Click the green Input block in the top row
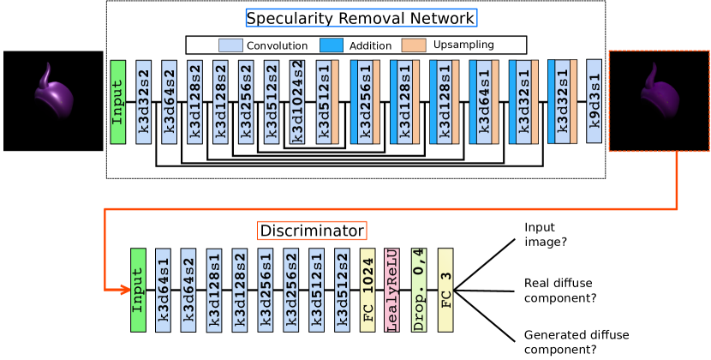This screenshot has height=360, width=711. pyautogui.click(x=117, y=102)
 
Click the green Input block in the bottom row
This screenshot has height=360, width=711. pyautogui.click(x=138, y=290)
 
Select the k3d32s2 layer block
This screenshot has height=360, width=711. pyautogui.click(x=143, y=102)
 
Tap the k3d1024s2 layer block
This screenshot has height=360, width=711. pyautogui.click(x=296, y=102)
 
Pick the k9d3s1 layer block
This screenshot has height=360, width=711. pyautogui.click(x=594, y=101)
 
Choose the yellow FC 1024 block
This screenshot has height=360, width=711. pyautogui.click(x=367, y=290)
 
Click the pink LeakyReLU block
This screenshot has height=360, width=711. pyautogui.click(x=392, y=290)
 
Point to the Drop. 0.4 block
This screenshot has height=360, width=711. pyautogui.click(x=418, y=290)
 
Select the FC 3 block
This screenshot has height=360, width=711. pyautogui.click(x=445, y=290)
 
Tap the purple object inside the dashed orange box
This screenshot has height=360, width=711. pyautogui.click(x=660, y=93)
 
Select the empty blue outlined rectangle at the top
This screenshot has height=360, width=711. pyautogui.click(x=361, y=18)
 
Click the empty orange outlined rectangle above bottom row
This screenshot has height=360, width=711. pyautogui.click(x=312, y=231)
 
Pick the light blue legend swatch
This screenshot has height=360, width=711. pyautogui.click(x=230, y=45)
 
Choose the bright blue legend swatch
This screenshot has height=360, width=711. pyautogui.click(x=331, y=45)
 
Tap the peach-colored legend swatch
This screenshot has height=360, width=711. pyautogui.click(x=413, y=45)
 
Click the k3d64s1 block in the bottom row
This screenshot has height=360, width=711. pyautogui.click(x=163, y=290)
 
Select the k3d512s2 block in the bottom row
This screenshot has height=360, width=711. pyautogui.click(x=342, y=290)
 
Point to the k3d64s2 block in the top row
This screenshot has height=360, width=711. pyautogui.click(x=169, y=102)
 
